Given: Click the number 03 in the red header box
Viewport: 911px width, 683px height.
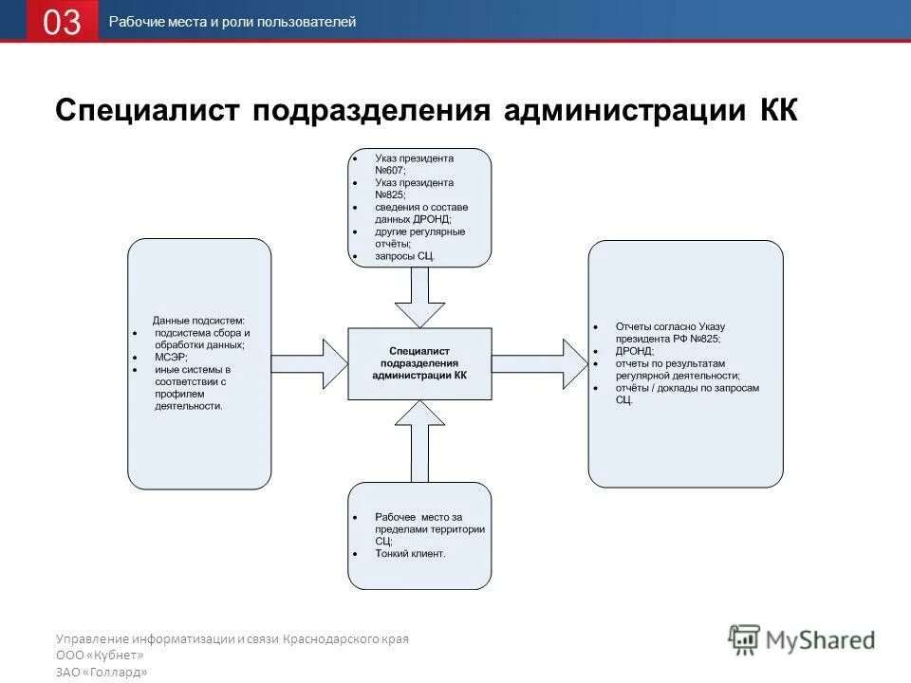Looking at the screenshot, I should pos(62,22).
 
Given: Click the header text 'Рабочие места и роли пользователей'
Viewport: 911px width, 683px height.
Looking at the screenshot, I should pos(232,22).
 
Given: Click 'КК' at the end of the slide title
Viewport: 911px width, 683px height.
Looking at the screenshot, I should pos(778,110).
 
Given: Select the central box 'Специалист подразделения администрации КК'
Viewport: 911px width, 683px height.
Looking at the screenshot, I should pos(419,363).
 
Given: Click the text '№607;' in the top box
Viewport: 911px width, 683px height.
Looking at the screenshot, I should pos(390,170).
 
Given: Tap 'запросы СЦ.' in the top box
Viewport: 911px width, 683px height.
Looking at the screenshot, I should pos(406,256).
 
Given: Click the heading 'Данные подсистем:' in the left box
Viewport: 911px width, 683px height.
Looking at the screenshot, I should pos(198,321).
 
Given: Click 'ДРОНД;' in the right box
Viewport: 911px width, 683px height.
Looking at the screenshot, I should pos(635,351).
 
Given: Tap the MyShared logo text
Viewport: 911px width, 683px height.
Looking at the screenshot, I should pos(821,640).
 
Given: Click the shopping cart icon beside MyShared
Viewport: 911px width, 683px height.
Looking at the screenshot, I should pos(745,639).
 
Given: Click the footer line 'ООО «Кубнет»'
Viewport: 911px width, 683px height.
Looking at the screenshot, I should pos(100,655).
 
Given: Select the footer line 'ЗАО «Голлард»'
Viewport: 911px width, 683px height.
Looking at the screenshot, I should pos(102,672).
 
